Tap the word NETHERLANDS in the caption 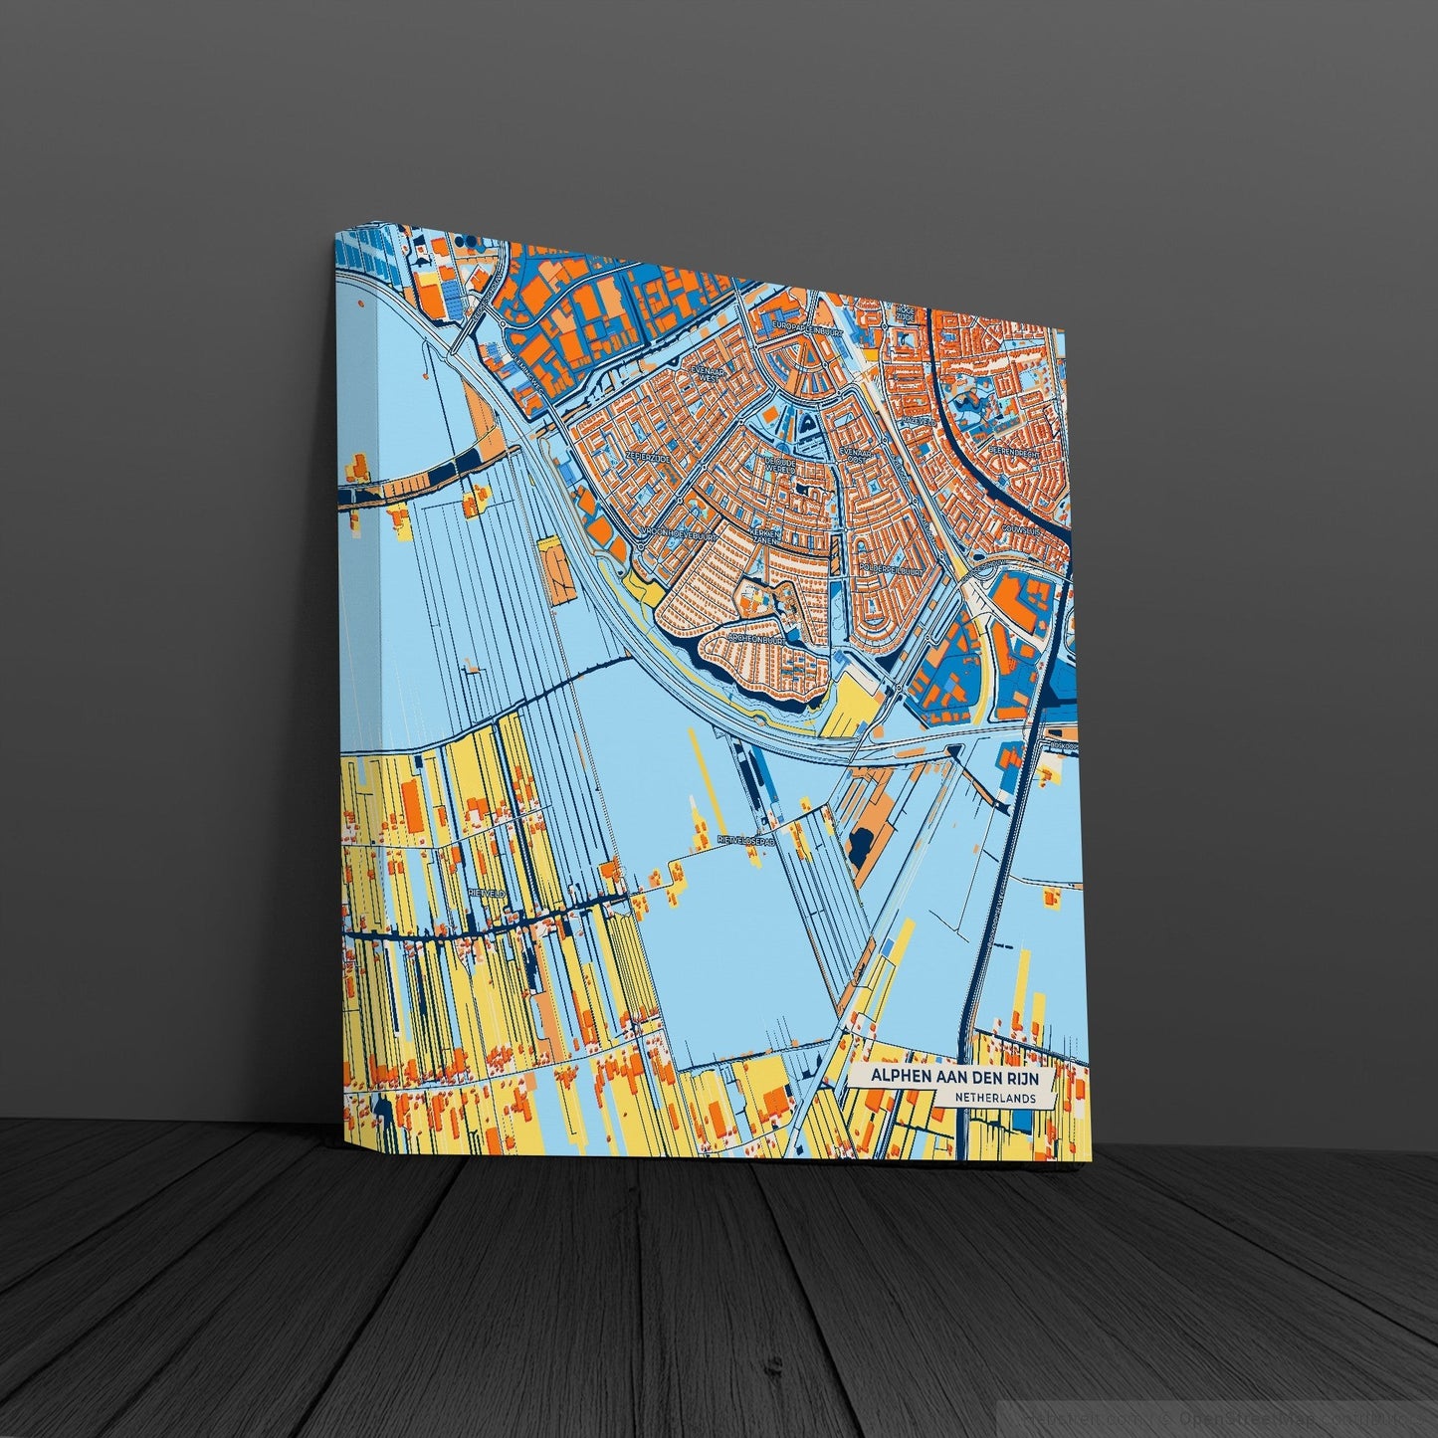click(x=991, y=1098)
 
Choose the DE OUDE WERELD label click(x=781, y=465)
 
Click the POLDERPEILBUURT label click(x=889, y=571)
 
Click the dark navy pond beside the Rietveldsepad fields click(x=857, y=847)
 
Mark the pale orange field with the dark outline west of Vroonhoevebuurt click(x=556, y=566)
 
